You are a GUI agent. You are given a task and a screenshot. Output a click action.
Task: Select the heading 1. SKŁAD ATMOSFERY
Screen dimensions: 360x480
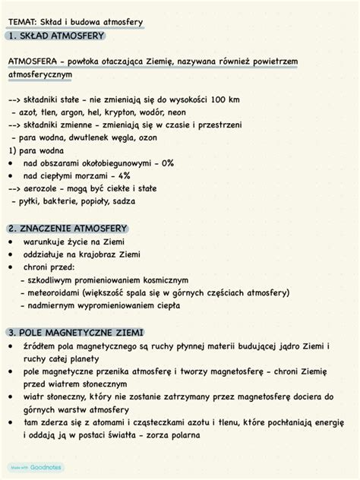click(55, 35)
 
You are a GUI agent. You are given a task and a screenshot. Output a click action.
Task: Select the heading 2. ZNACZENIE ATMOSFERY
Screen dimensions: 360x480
click(68, 229)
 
